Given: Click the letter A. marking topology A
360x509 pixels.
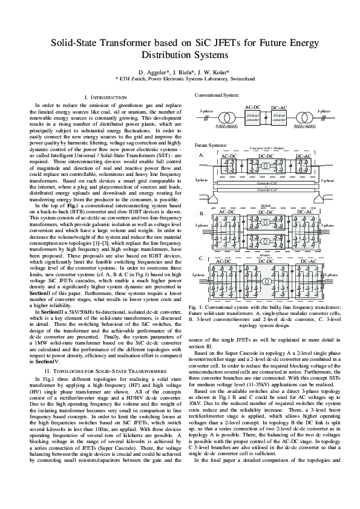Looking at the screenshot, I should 201,155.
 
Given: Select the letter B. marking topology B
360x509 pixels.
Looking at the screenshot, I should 201,213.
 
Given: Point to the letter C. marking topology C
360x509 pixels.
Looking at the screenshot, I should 201,258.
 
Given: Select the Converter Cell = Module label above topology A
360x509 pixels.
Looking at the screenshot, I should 266,148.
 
